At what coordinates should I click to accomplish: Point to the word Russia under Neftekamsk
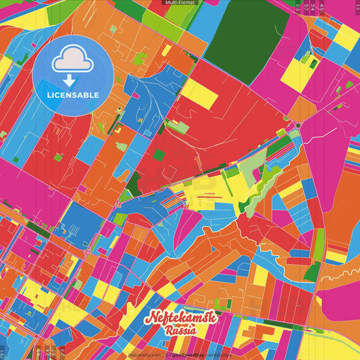pos(180,331)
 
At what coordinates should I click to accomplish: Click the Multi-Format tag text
pos(180,3)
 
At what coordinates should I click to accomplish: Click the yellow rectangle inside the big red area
pos(199,93)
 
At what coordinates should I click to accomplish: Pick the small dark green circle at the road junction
pos(298,125)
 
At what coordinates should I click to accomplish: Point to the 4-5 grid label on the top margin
pos(322,7)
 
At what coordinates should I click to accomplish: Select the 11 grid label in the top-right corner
pos(357,7)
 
